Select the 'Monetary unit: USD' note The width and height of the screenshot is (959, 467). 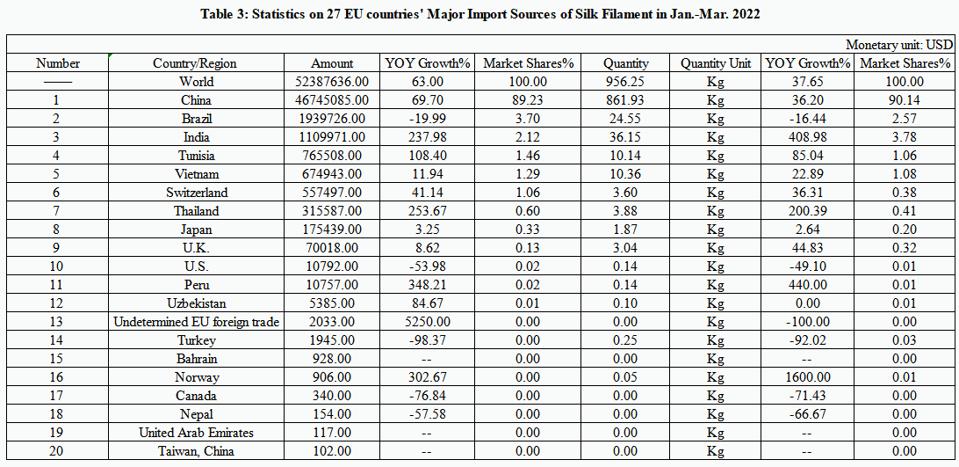click(899, 45)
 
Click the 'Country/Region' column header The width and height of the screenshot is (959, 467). click(195, 63)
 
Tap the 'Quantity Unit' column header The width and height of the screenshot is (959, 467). click(715, 63)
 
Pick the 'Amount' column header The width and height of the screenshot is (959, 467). click(332, 63)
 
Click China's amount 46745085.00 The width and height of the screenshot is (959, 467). click(332, 100)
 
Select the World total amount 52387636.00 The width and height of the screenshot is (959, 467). click(332, 82)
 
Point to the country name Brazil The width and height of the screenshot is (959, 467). click(195, 119)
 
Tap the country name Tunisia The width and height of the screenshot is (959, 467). click(195, 156)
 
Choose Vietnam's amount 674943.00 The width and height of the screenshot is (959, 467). click(332, 174)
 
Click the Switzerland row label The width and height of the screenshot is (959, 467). click(195, 193)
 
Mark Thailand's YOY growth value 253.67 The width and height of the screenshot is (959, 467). click(428, 211)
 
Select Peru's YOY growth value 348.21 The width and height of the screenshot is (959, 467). click(428, 285)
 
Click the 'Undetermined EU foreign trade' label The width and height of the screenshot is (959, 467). click(196, 322)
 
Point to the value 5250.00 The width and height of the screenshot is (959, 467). click(428, 322)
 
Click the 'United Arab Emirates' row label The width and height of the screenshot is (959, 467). click(195, 433)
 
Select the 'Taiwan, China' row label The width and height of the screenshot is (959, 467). click(195, 451)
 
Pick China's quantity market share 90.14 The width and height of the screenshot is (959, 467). click(905, 100)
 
